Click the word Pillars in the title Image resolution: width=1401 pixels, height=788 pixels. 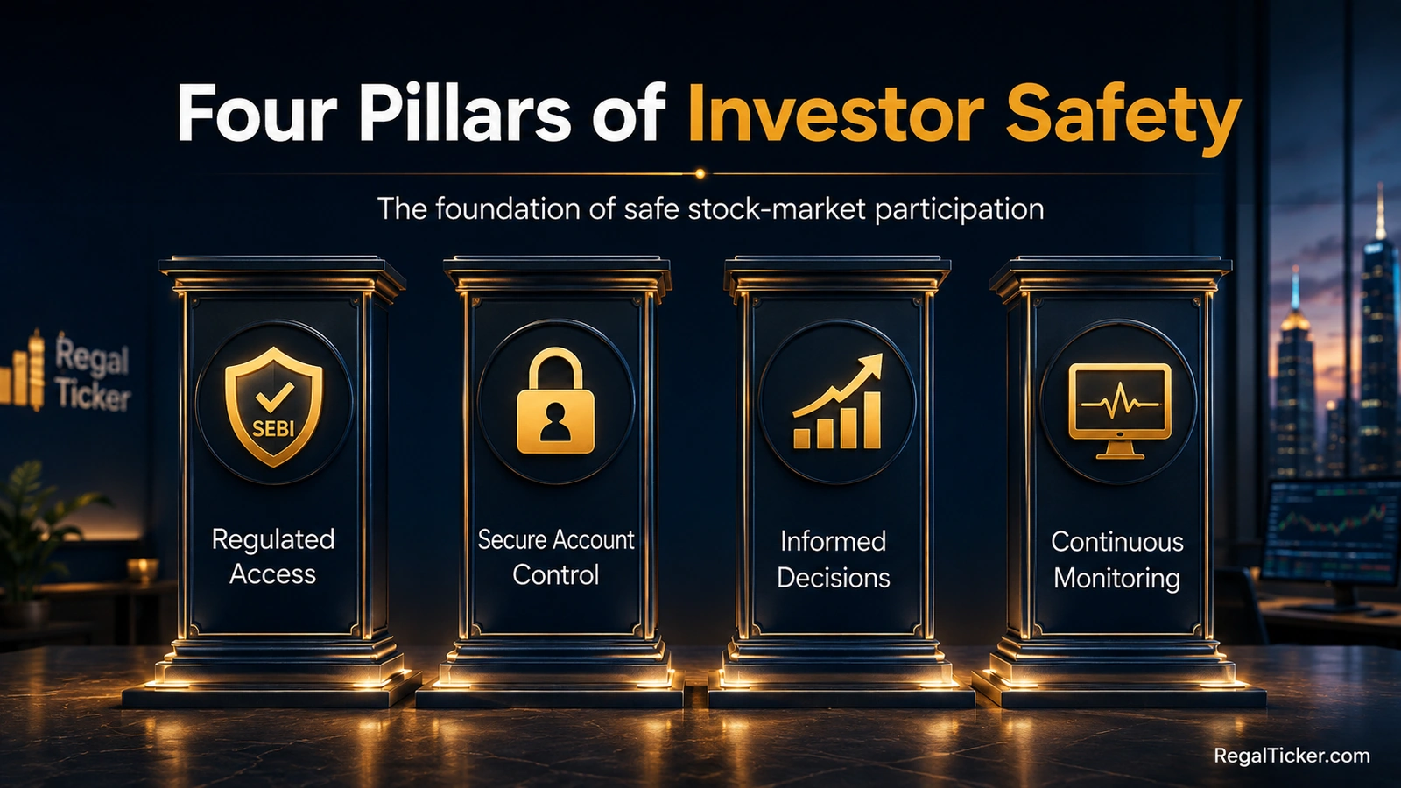(465, 113)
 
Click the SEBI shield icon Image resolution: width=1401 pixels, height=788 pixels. (274, 406)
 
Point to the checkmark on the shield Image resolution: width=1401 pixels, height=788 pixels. (275, 396)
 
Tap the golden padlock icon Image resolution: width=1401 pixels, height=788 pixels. (555, 400)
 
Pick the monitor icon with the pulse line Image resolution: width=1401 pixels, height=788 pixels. (1120, 411)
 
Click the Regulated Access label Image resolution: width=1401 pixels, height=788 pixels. (272, 557)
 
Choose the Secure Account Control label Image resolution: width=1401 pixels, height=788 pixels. (555, 557)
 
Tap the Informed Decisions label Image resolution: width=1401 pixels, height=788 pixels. (833, 559)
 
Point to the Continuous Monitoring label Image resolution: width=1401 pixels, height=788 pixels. (1117, 559)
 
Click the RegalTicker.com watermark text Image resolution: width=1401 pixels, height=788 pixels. (1292, 756)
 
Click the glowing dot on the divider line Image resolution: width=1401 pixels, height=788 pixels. (700, 174)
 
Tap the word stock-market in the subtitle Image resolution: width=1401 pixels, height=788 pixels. (778, 208)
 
